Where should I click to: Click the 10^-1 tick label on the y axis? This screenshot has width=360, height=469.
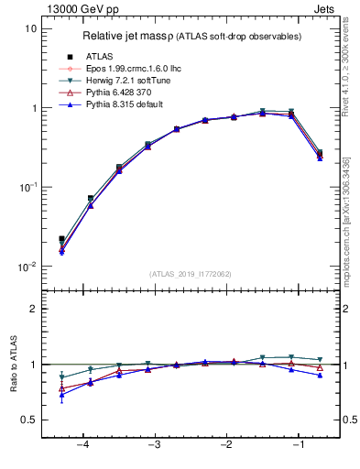(27, 187)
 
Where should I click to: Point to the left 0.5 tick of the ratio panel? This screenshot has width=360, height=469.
(30, 420)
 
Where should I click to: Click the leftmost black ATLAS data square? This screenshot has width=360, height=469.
(61, 238)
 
